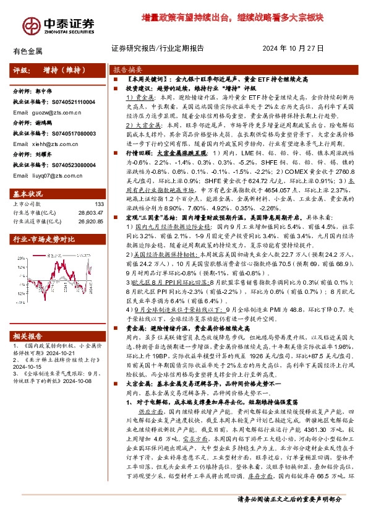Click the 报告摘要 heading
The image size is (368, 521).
click(x=126, y=69)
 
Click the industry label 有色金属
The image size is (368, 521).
click(x=25, y=50)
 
